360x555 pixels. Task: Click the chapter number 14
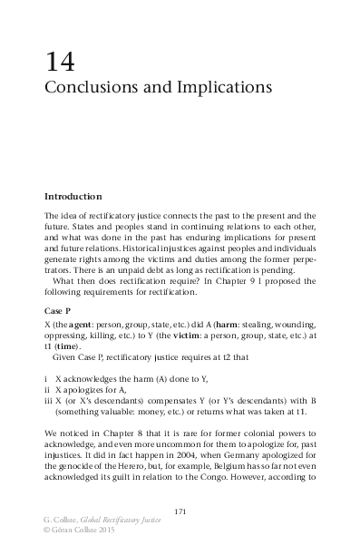click(x=59, y=63)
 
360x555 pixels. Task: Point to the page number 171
click(x=180, y=513)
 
